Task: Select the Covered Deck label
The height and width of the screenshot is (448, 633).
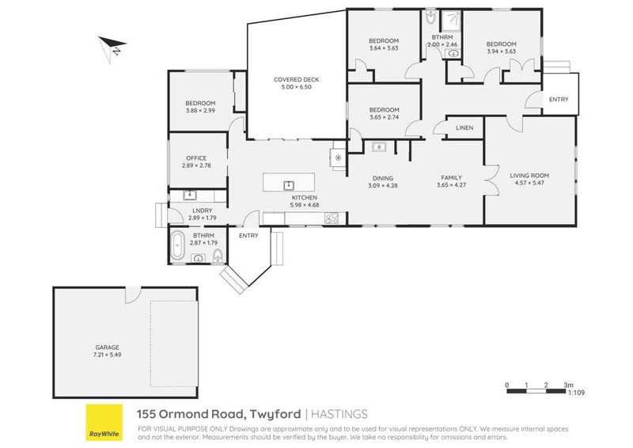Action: tap(296, 79)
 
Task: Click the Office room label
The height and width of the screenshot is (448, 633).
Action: tap(195, 158)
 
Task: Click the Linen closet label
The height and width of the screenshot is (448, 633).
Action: tap(464, 127)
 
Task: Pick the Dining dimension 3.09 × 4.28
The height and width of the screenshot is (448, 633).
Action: tap(381, 185)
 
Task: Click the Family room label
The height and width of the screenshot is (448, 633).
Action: tap(449, 178)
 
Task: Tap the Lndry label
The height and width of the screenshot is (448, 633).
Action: tap(202, 211)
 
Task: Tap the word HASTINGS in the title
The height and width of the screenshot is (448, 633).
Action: tap(338, 413)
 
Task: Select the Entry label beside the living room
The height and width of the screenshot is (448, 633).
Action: tap(559, 99)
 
